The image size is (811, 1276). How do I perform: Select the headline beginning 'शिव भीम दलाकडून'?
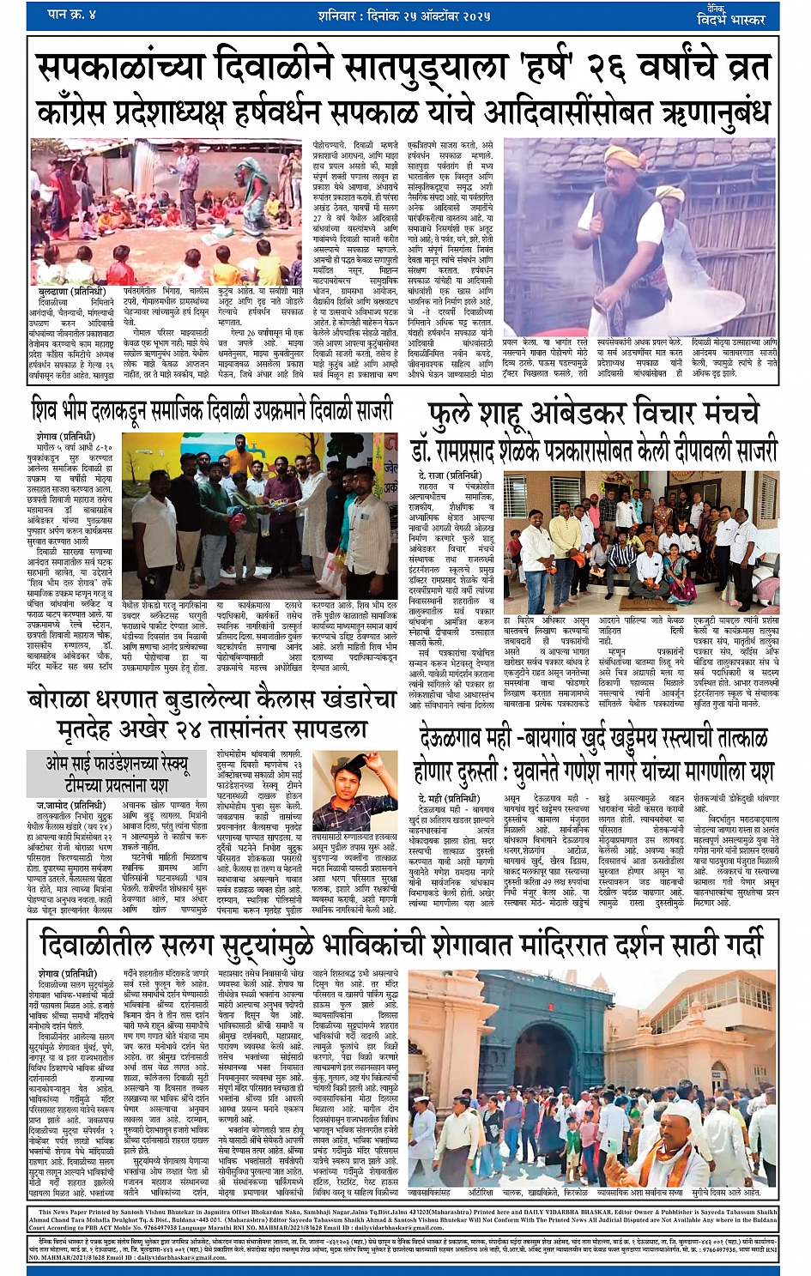pos(211,411)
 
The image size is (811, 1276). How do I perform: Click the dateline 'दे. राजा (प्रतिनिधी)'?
pos(450,475)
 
